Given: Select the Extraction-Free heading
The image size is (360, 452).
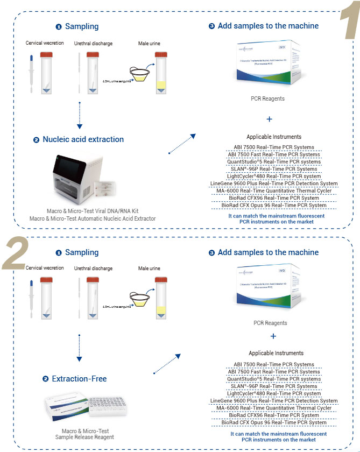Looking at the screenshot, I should (x=79, y=379).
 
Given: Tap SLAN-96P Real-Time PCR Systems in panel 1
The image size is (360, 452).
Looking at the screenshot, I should (x=273, y=169).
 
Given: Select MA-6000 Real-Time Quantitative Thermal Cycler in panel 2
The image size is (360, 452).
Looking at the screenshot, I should (x=273, y=408).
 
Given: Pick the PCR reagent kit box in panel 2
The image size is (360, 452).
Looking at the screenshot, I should (x=273, y=291).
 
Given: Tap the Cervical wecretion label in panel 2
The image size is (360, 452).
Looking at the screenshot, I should (x=44, y=268).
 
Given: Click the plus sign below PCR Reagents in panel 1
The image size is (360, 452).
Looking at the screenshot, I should (x=269, y=119).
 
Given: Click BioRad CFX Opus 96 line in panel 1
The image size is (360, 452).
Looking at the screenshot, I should (x=273, y=205).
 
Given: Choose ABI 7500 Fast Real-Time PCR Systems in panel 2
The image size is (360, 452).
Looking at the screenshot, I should (x=273, y=371).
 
